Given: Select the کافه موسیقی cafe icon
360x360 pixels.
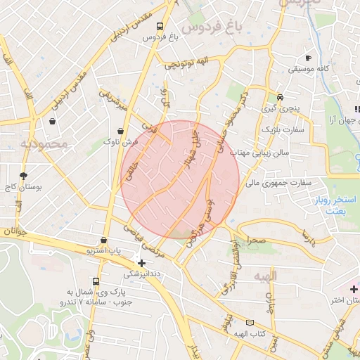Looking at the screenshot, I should [x=307, y=58].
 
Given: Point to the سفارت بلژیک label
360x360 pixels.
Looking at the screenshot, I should [x=283, y=130].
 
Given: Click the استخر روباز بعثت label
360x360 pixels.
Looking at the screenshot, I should [x=333, y=205].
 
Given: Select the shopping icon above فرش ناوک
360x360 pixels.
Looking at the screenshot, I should [x=122, y=131].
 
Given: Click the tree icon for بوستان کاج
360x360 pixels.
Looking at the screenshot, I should [x=24, y=176].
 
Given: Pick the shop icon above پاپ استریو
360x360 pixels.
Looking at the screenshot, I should [x=104, y=240].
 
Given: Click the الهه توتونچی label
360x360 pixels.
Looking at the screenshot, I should [x=187, y=64].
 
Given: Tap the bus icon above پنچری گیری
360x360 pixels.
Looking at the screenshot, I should [x=280, y=97].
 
